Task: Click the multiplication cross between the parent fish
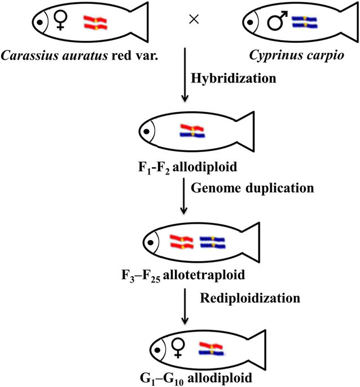coord(195,19)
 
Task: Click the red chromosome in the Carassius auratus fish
coord(95,23)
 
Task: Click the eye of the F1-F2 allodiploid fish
coord(147,132)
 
